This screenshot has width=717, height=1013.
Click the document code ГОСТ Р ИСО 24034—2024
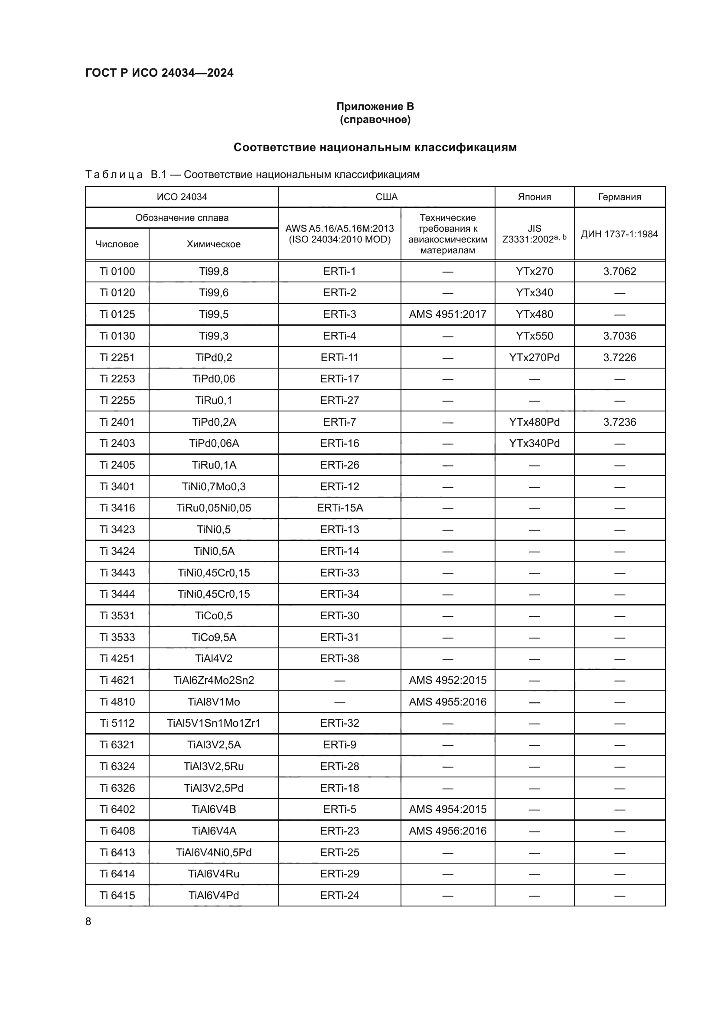pyautogui.click(x=160, y=73)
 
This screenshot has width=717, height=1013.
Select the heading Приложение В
pyautogui.click(x=375, y=107)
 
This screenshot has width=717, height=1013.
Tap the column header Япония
pyautogui.click(x=534, y=197)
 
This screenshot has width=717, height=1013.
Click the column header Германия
pyautogui.click(x=619, y=197)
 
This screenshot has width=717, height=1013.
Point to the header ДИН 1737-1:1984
pyautogui.click(x=619, y=234)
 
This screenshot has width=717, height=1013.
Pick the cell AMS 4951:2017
pyautogui.click(x=447, y=314)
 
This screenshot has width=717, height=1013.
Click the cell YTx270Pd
pyautogui.click(x=534, y=357)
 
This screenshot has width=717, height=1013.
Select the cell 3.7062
pyautogui.click(x=619, y=272)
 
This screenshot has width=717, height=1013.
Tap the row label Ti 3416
pyautogui.click(x=117, y=508)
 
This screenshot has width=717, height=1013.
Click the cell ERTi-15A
pyautogui.click(x=339, y=508)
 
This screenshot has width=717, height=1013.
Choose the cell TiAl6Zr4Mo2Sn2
pyautogui.click(x=214, y=680)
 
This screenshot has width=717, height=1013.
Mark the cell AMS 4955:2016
pyautogui.click(x=447, y=702)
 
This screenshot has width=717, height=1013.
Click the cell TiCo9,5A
pyautogui.click(x=214, y=637)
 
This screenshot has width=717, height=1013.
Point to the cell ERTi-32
pyautogui.click(x=339, y=723)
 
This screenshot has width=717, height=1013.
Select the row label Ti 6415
pyautogui.click(x=117, y=895)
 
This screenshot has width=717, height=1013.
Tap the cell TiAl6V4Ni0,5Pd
pyautogui.click(x=214, y=852)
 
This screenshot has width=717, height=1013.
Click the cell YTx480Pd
pyautogui.click(x=534, y=422)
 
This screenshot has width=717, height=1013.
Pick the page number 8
pyautogui.click(x=88, y=921)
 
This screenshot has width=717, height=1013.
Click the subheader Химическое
pyautogui.click(x=214, y=244)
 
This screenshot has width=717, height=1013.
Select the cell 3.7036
pyautogui.click(x=619, y=336)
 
